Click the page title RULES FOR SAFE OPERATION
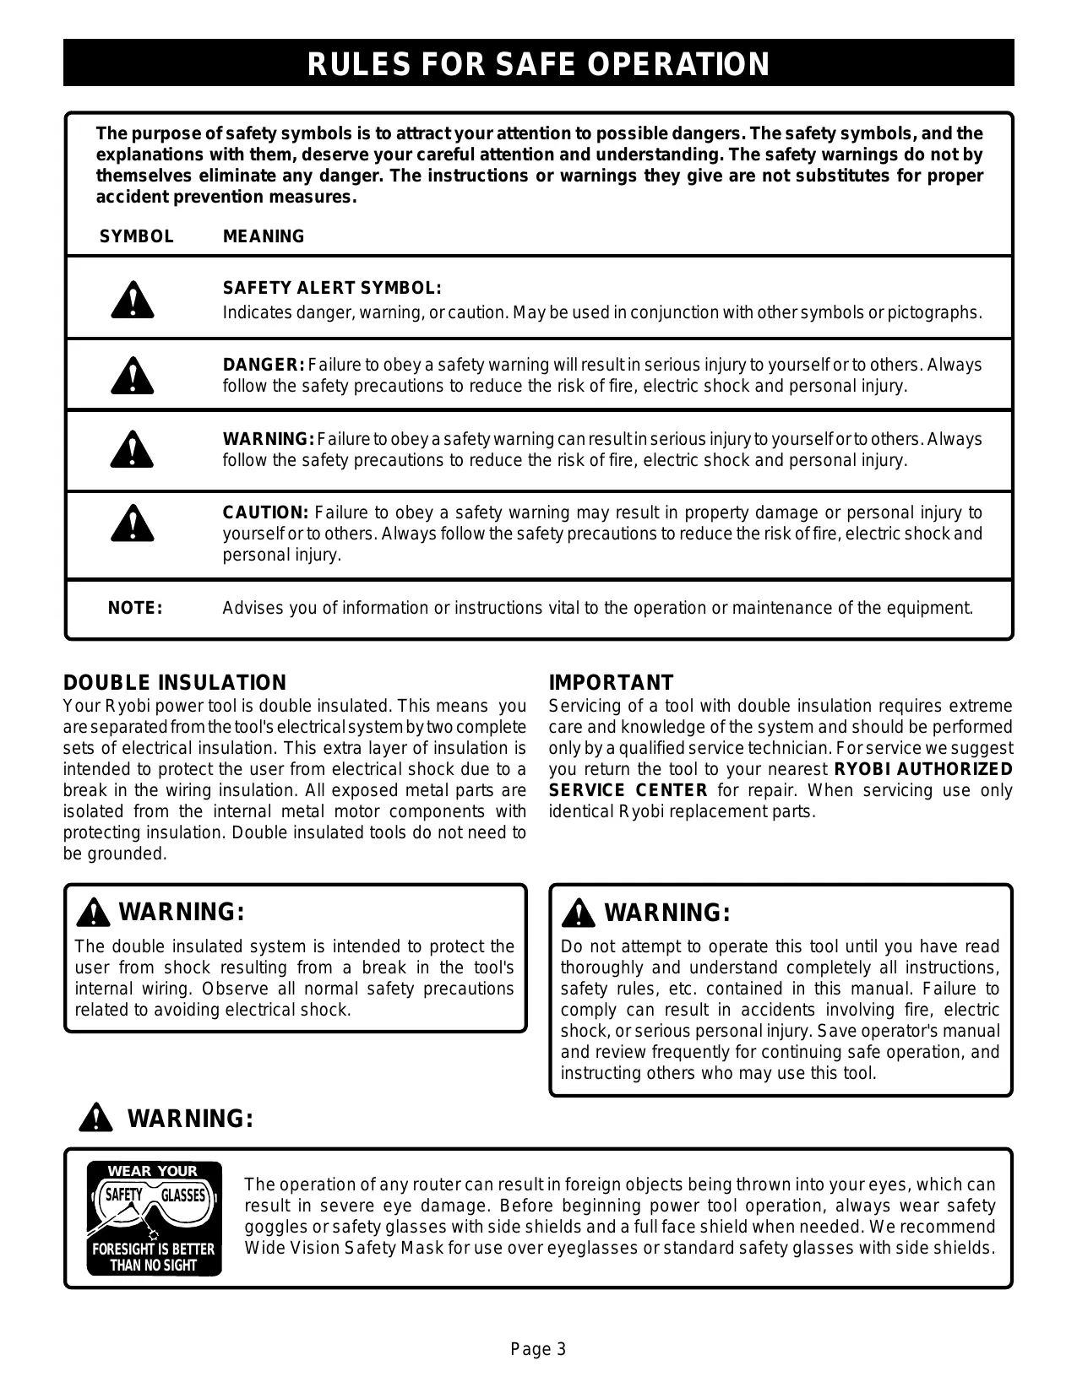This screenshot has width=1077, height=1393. click(x=538, y=64)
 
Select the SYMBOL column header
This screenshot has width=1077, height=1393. click(x=137, y=236)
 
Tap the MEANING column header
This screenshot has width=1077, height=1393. click(x=264, y=236)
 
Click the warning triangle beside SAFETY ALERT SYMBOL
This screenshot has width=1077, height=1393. click(x=132, y=301)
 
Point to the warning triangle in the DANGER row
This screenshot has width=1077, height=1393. click(x=132, y=376)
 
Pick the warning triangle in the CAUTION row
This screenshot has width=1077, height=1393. click(x=132, y=523)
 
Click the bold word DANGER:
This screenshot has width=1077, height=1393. click(x=263, y=365)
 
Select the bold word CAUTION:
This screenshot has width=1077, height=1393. click(x=265, y=512)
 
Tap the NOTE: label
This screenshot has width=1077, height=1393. click(x=135, y=608)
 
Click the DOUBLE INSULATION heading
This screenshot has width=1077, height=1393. click(x=175, y=682)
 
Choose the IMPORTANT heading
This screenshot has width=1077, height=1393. click(x=611, y=682)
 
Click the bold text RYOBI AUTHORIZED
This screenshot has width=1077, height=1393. click(x=922, y=769)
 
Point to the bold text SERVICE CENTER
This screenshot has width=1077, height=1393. click(x=628, y=790)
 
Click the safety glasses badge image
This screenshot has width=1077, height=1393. click(x=154, y=1217)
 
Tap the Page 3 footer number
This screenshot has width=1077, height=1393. click(x=538, y=1349)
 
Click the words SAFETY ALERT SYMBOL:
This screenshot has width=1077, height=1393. click(x=332, y=288)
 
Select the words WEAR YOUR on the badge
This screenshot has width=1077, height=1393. click(x=153, y=1171)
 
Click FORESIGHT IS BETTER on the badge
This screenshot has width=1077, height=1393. click(x=153, y=1249)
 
